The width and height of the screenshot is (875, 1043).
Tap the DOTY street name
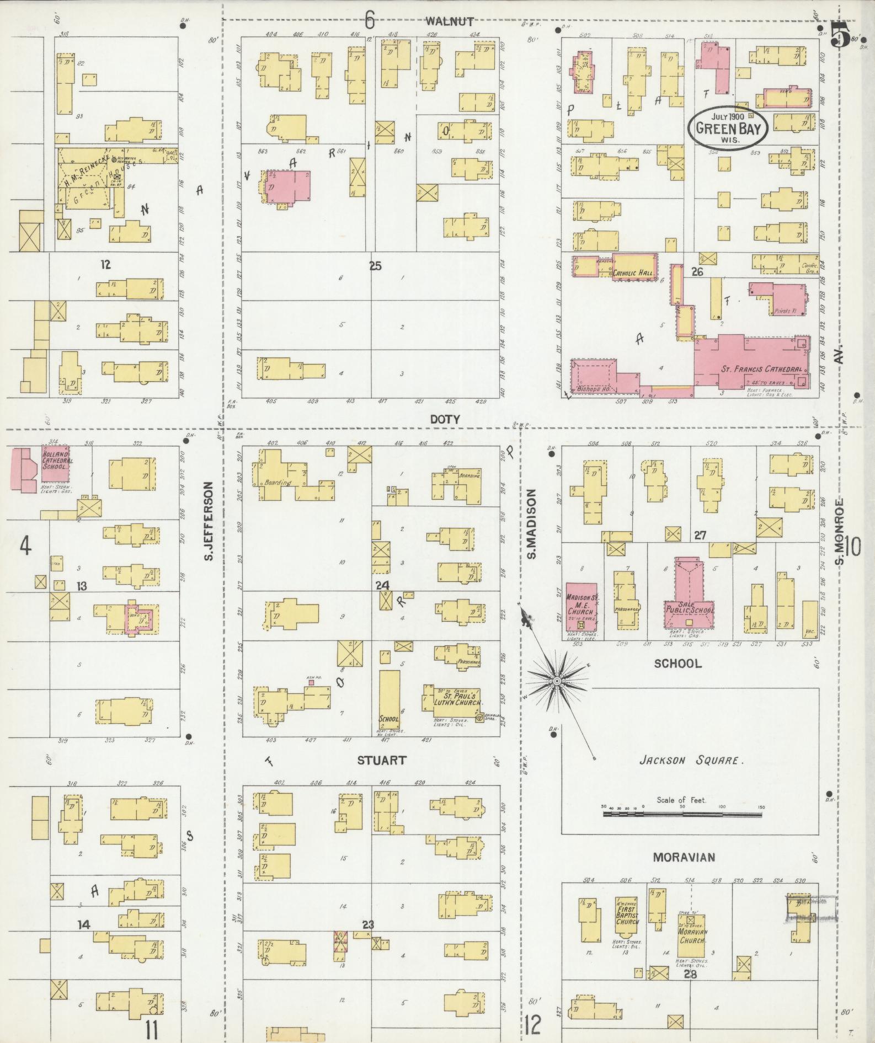click(445, 419)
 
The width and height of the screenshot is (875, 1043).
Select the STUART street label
click(381, 761)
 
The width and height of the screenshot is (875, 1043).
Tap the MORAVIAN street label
click(684, 857)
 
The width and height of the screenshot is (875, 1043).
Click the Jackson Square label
click(691, 761)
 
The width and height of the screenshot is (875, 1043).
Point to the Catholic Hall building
click(634, 268)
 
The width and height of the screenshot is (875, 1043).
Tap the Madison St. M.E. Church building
click(581, 607)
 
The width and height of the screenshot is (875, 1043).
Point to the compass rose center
click(557, 682)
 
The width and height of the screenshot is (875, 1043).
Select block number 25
click(375, 266)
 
